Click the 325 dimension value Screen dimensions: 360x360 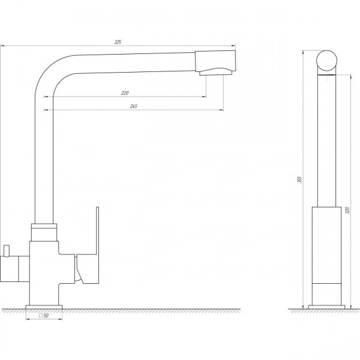point(118,42)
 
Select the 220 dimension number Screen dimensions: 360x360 point(125,93)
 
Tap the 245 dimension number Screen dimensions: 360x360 point(134,106)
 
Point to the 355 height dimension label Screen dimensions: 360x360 point(299,179)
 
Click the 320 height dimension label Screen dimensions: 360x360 point(347,211)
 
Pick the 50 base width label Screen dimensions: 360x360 point(46,316)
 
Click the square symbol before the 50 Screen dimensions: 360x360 point(41,316)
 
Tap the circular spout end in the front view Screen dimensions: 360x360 point(327,61)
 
